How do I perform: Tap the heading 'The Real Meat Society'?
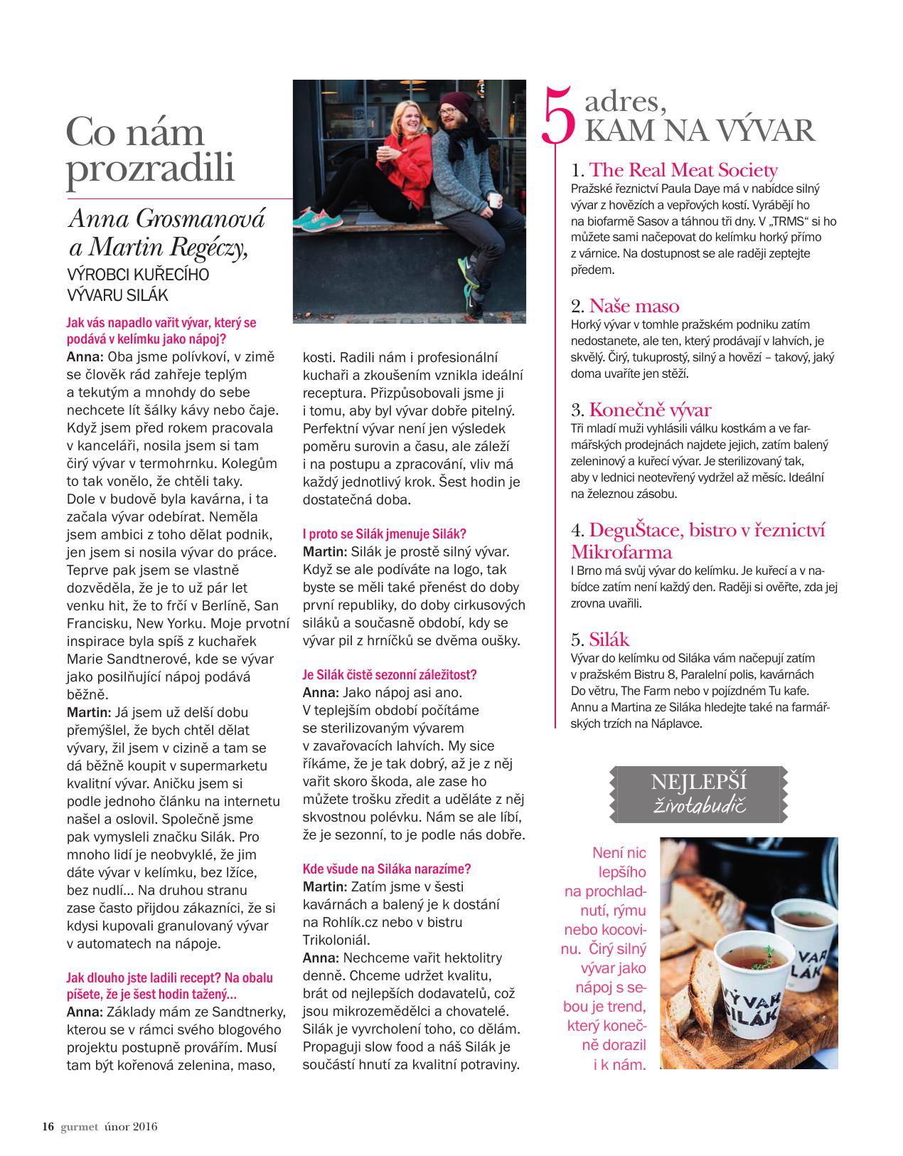pos(683,170)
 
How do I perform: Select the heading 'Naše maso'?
pos(634,307)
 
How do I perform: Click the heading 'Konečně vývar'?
pos(650,410)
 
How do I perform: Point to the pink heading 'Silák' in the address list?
pos(609,639)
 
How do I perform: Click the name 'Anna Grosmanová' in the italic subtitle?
pos(166,218)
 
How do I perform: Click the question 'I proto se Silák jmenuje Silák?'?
pos(384,534)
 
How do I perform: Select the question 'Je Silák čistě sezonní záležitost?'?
pos(390,674)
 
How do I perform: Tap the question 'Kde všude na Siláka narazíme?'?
pos(387,869)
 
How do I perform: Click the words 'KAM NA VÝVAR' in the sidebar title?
pos(698,132)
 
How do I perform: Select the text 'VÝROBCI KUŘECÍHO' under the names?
pos(137,275)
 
